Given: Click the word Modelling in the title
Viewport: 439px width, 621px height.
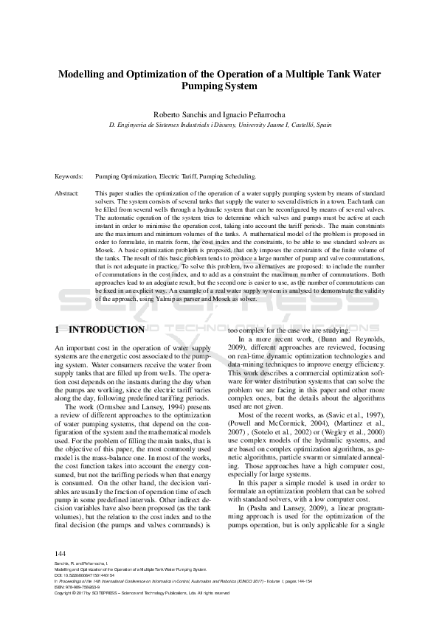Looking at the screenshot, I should coord(84,74).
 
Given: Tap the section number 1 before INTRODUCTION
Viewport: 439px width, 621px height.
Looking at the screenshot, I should coord(58,330).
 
